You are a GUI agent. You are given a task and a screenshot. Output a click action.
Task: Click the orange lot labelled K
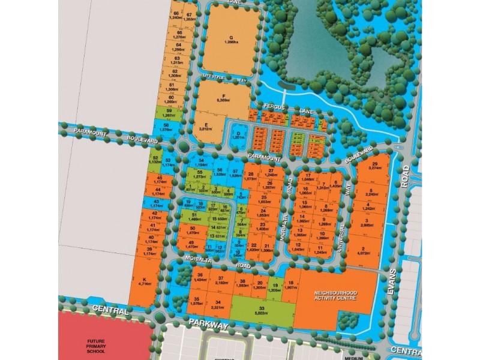pos(143,281)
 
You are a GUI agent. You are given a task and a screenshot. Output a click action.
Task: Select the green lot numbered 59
pos(169,113)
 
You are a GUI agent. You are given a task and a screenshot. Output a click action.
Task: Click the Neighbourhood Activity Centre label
pos(335,295)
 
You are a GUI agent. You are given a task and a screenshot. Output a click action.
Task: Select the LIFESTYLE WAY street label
pos(225,77)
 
